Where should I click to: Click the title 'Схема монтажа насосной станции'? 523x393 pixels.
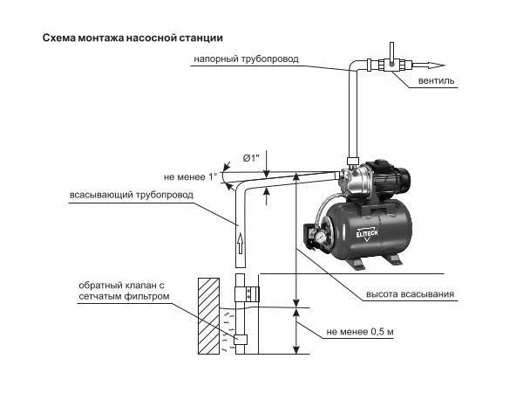pyautogui.click(x=131, y=39)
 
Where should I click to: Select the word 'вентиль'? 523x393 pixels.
pyautogui.click(x=435, y=81)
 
